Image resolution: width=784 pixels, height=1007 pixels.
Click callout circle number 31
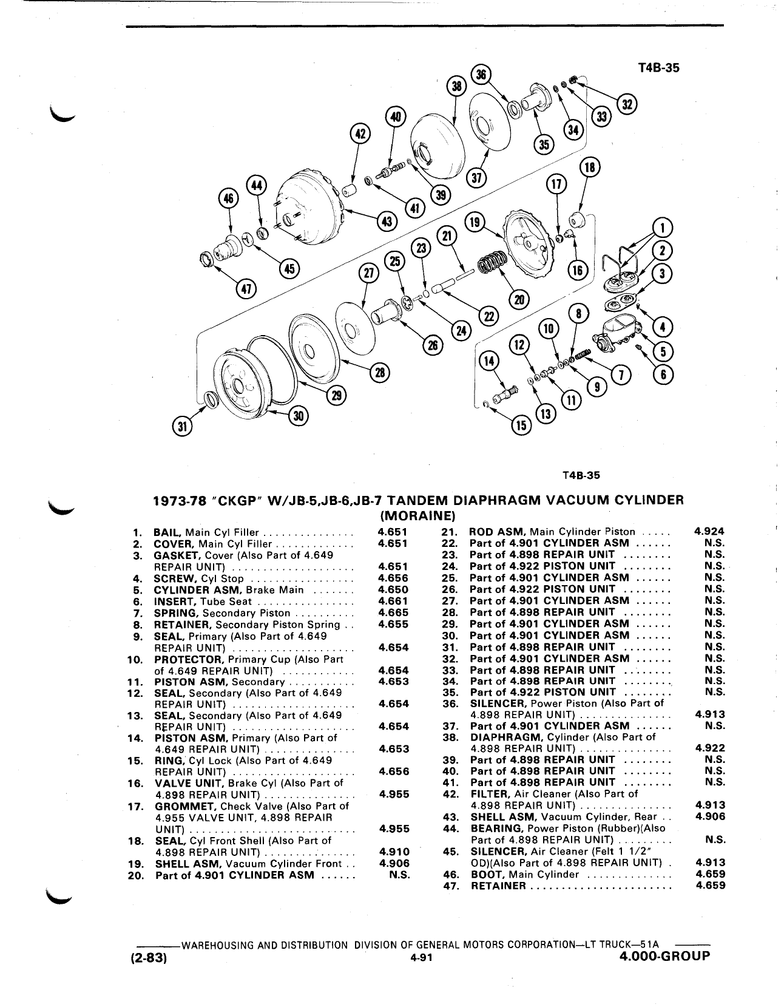coord(183,427)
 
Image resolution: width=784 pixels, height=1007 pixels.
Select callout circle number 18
coord(590,168)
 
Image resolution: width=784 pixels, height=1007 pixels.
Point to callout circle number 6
coord(663,375)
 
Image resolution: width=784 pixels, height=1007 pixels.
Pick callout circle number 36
coord(481,74)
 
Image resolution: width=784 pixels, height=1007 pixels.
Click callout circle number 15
coord(521,426)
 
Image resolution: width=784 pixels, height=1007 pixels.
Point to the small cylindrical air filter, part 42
coord(349,190)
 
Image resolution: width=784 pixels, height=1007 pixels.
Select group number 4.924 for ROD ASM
coord(709,532)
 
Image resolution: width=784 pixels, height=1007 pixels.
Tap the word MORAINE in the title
coord(418,515)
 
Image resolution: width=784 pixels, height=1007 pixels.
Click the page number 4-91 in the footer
coord(421,958)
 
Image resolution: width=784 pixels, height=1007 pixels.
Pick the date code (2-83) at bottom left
coord(146,957)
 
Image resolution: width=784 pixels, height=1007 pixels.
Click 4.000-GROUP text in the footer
coord(664,955)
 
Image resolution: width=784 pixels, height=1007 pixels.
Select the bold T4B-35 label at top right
coord(658,68)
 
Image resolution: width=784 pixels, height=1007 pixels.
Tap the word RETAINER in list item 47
coord(498,886)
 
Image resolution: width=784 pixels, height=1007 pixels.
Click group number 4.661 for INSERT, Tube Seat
coord(393,601)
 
